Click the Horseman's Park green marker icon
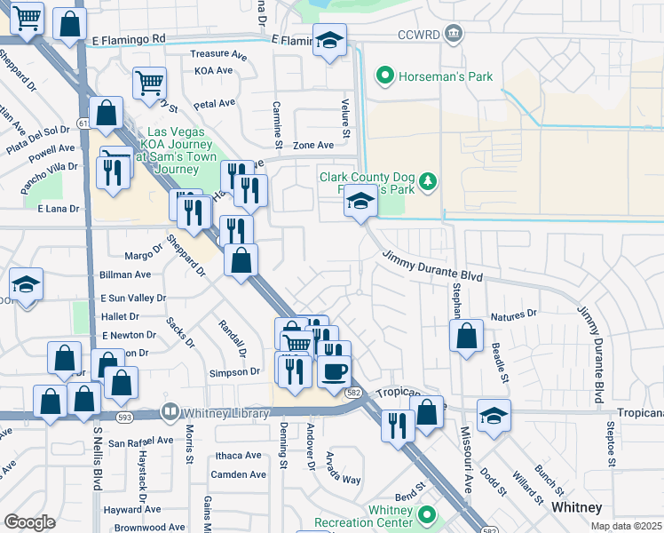coord(385,76)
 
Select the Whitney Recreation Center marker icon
coord(427,514)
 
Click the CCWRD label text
coord(419,35)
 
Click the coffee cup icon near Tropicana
coord(334,371)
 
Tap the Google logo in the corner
coord(29,522)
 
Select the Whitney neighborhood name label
coord(577,507)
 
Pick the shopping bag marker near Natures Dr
coord(466,337)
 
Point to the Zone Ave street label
coord(313,145)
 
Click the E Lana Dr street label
coord(59,209)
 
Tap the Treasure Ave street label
coord(211,53)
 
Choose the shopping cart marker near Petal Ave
coord(149,83)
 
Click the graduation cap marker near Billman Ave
coord(27,284)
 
